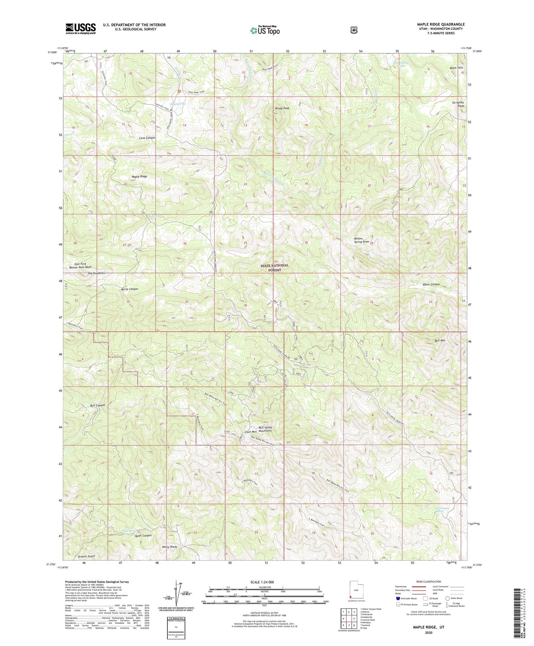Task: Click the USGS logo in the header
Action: (80, 29)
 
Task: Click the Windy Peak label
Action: (282, 108)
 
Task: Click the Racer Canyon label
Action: (430, 284)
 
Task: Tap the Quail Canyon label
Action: (143, 536)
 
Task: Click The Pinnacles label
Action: (96, 273)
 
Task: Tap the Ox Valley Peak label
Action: (458, 104)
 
